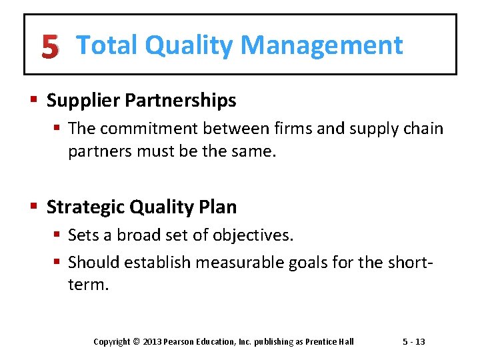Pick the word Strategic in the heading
coord(85,207)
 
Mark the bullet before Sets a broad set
coord(57,235)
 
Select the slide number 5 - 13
coord(413,342)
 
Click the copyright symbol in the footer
coord(136,342)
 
